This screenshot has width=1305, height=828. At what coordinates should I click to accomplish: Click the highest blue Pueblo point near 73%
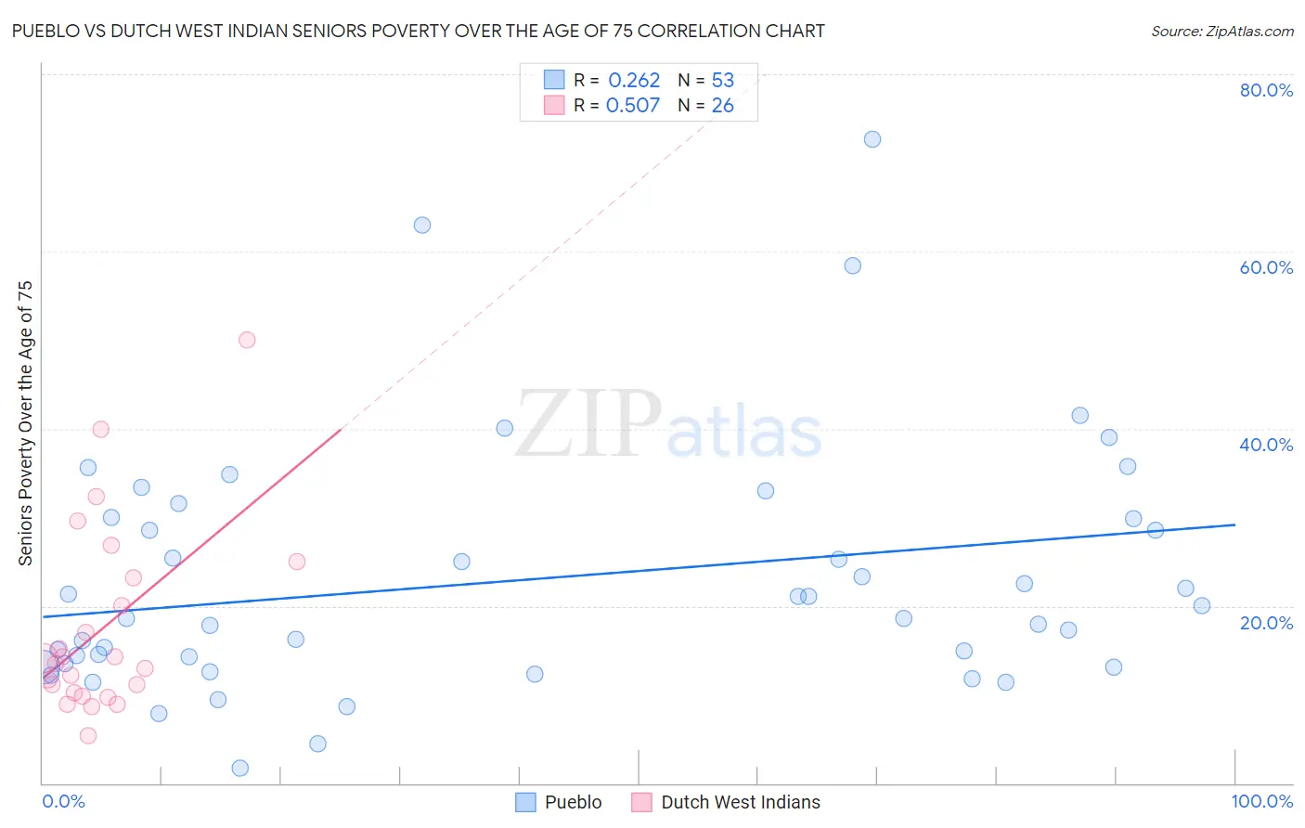click(872, 139)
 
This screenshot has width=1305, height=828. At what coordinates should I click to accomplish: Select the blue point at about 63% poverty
click(422, 225)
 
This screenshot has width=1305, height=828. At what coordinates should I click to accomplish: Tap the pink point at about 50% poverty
click(247, 340)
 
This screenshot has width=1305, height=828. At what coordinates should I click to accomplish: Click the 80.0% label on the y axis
click(1266, 90)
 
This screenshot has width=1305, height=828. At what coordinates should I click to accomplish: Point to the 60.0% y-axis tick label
click(1266, 267)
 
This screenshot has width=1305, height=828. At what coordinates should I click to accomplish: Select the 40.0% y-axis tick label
click(1266, 445)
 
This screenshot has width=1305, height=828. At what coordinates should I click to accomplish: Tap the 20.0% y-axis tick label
click(1266, 623)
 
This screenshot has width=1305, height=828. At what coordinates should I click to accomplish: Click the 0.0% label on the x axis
click(63, 801)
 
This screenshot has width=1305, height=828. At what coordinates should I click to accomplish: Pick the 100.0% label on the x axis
click(1261, 801)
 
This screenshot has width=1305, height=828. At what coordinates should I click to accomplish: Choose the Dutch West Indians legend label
click(740, 802)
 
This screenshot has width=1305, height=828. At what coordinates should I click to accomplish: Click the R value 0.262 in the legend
click(634, 81)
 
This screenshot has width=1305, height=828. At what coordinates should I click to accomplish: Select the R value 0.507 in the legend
click(633, 106)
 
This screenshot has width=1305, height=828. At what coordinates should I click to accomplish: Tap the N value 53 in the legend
click(722, 81)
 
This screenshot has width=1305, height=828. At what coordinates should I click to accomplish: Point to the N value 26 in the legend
click(722, 106)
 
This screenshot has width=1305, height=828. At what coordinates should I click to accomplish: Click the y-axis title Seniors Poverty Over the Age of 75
click(26, 422)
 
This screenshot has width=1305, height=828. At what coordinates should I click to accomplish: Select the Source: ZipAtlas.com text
click(1221, 32)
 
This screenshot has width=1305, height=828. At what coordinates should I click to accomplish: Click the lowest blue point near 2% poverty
click(240, 768)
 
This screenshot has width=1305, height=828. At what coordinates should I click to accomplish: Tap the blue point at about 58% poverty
click(853, 265)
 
